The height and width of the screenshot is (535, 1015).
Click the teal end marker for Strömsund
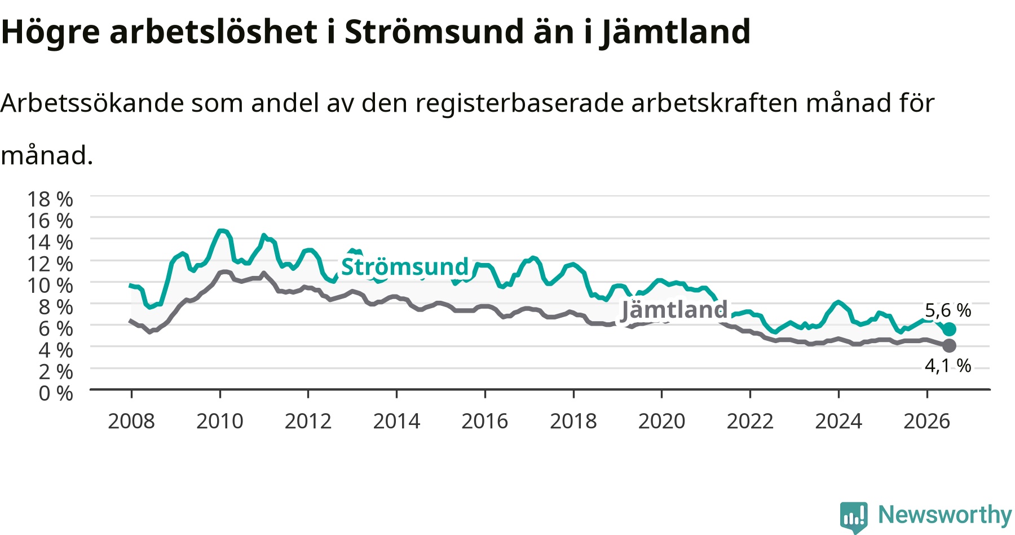coord(949,329)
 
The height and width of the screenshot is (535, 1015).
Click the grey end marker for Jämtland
coord(949,345)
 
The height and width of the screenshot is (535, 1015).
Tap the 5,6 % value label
coord(948,310)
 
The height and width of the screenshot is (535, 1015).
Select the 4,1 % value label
coord(948,366)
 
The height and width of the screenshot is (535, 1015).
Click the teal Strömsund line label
coord(405,266)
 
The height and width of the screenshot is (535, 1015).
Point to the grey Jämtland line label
coord(674,310)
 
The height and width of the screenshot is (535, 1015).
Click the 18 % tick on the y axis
coord(50,199)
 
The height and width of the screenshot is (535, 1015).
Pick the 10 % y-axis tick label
coord(50,286)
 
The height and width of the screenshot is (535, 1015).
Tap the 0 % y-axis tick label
coord(56,393)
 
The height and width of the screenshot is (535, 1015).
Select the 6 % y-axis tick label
coord(56,328)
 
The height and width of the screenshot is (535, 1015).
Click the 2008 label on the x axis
coord(131,421)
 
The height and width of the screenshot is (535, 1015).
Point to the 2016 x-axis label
coord(485,421)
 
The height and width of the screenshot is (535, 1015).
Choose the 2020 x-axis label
coord(661,421)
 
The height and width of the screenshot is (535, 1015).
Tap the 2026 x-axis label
coord(927,421)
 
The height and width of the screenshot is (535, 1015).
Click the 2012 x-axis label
coord(308,421)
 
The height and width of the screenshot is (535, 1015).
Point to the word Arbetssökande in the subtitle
coord(92,103)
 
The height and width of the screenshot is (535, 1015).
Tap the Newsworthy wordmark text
coord(945,515)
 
